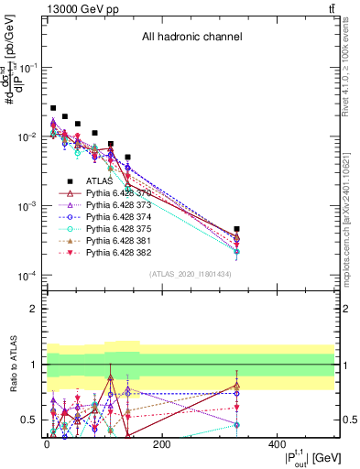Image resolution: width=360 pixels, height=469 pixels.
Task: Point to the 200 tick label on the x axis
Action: (161, 445)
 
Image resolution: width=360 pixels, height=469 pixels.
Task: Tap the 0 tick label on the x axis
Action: (47, 445)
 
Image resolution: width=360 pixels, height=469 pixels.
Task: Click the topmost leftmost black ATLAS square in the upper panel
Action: (53, 108)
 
